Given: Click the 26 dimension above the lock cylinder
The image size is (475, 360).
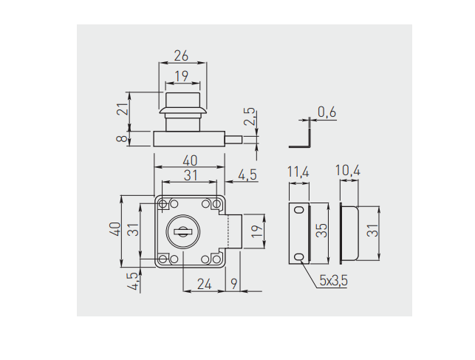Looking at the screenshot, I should (x=181, y=55).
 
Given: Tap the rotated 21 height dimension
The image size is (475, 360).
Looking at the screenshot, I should (x=122, y=108).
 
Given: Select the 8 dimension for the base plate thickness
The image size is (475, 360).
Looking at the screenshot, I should (x=122, y=137).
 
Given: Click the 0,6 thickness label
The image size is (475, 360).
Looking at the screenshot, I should (x=327, y=112).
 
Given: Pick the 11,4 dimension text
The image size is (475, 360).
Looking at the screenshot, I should (x=298, y=172).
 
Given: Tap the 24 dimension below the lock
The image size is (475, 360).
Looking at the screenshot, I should (x=205, y=282).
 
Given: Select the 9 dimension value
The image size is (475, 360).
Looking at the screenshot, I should (x=235, y=282).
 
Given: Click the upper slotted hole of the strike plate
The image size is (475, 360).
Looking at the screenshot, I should (x=298, y=211).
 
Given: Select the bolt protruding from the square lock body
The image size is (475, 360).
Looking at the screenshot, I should (x=234, y=231).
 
